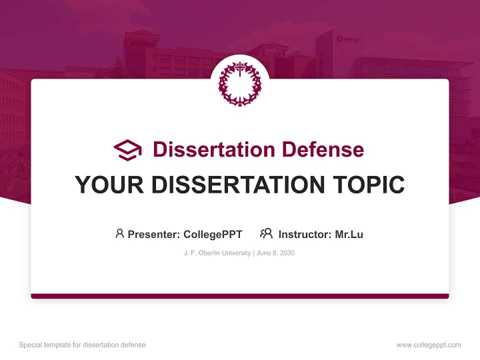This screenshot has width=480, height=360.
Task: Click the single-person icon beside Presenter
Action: tap(119, 233)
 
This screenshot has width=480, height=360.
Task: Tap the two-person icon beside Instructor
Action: tap(266, 233)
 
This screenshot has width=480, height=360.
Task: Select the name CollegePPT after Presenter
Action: tap(212, 234)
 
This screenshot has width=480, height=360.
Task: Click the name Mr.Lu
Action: tap(349, 234)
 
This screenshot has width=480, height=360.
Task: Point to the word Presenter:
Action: tap(154, 234)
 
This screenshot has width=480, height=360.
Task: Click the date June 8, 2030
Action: tap(276, 253)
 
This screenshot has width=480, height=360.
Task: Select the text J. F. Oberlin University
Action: tap(217, 253)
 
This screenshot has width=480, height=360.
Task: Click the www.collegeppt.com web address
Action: tap(428, 345)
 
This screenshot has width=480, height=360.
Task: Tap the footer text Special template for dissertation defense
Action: tap(82, 345)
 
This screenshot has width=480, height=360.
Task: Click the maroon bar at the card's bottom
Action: tap(239, 296)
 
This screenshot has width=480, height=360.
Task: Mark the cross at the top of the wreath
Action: tap(240, 68)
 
